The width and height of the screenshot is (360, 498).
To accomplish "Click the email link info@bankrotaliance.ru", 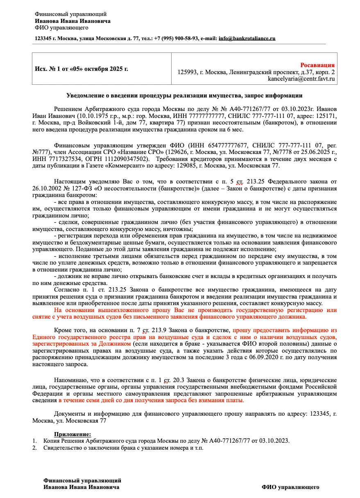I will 247,38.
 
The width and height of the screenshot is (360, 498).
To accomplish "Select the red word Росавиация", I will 317,65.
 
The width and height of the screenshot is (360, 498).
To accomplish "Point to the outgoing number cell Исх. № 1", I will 82,69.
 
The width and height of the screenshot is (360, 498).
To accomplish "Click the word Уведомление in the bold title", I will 86,96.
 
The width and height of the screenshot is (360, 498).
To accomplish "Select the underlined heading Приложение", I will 72,434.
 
